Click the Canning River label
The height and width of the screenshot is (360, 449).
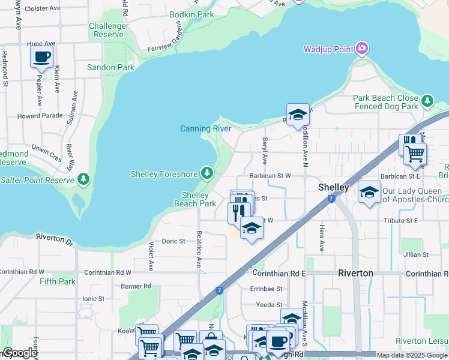[x=205, y=128]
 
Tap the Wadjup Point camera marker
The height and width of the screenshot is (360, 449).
[x=361, y=49]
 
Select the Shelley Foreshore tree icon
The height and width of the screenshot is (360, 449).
[x=207, y=174]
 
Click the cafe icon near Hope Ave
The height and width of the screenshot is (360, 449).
[x=41, y=57]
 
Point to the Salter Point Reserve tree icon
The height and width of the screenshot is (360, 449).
[x=83, y=179]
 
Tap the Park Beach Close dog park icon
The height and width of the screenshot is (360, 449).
[x=427, y=101]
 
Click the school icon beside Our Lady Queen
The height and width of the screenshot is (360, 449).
[x=369, y=193]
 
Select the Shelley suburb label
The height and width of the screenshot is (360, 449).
[x=333, y=187]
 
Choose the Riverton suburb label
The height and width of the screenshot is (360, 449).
[x=356, y=273]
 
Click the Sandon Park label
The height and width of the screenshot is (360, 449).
[x=110, y=68]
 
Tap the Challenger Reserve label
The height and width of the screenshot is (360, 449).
[x=109, y=30]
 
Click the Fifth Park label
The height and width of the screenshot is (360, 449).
[x=58, y=281]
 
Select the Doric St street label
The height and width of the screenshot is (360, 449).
[x=173, y=241]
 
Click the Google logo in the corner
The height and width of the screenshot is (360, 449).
[x=20, y=353]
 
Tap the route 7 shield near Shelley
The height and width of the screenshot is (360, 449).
[x=331, y=199]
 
